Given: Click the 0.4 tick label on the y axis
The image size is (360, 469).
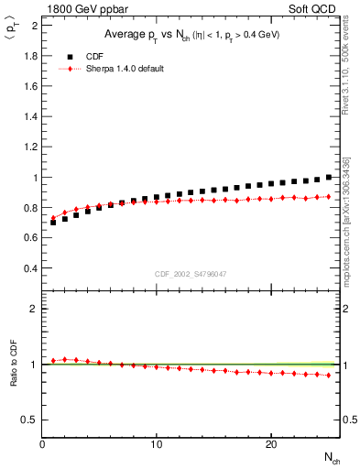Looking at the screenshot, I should [30, 268].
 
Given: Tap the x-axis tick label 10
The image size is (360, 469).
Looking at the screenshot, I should [157, 444].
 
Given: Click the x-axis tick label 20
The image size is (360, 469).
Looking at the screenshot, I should [270, 444].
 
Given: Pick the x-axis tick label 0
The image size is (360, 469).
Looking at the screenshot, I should [43, 444].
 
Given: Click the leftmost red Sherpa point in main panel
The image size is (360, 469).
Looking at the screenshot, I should [53, 218].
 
